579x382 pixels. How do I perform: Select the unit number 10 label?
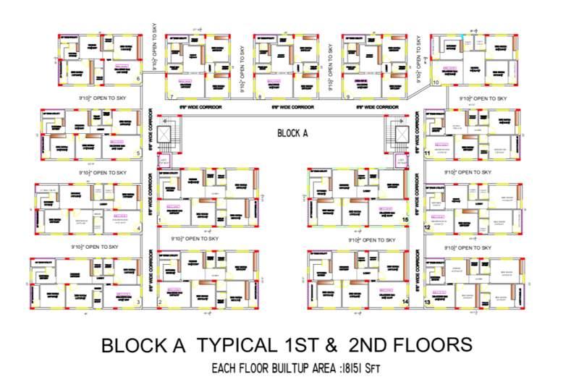[x=436, y=82]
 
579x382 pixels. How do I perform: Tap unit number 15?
[x=405, y=219]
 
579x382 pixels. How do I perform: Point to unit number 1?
[x=159, y=220]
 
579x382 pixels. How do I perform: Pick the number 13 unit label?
[x=428, y=302]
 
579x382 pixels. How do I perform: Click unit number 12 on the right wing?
[x=428, y=228]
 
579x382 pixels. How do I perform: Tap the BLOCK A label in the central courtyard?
[x=293, y=133]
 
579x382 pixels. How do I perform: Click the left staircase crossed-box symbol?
[x=165, y=134]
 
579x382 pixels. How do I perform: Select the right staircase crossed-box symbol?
[x=400, y=134]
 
